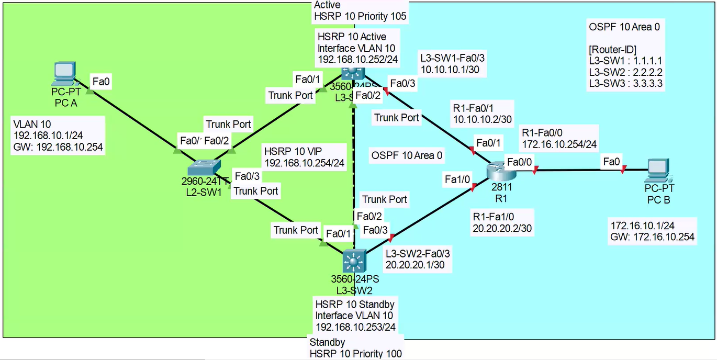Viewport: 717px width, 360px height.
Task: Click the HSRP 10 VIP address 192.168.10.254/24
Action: click(305, 163)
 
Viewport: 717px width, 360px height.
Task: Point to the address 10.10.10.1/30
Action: click(454, 70)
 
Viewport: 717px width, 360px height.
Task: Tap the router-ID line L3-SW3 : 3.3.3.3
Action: click(625, 83)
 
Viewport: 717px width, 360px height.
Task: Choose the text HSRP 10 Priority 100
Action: click(356, 354)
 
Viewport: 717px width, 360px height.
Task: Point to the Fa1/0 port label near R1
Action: click(458, 179)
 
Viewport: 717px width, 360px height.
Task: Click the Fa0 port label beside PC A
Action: click(102, 81)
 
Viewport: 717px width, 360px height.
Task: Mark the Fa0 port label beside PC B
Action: click(612, 162)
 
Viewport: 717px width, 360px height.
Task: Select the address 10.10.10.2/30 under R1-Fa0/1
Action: click(482, 119)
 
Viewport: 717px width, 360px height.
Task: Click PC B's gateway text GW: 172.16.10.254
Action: click(653, 237)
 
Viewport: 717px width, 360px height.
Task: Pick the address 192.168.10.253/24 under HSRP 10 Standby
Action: click(356, 327)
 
